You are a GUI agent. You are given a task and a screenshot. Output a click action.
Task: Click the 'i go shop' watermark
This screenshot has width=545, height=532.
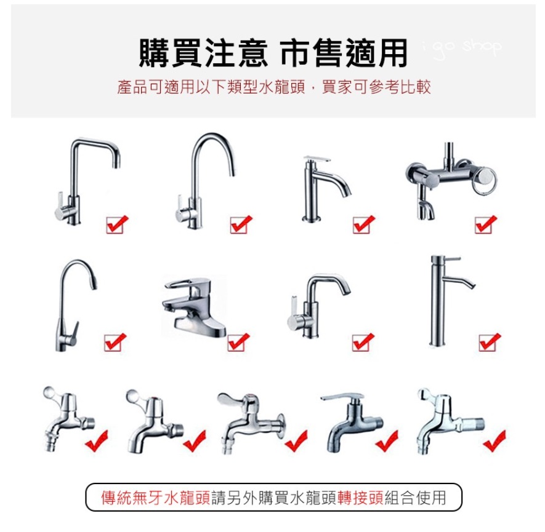pyautogui.click(x=462, y=48)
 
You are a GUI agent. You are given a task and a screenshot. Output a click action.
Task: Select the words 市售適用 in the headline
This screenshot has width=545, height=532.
pyautogui.click(x=344, y=53)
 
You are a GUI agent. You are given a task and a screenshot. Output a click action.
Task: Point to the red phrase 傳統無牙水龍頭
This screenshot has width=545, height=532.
pyautogui.click(x=156, y=498)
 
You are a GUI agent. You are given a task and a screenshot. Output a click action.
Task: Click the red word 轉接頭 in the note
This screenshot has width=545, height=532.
pyautogui.click(x=360, y=498)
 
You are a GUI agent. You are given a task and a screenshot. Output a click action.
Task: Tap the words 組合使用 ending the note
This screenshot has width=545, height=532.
pyautogui.click(x=415, y=498)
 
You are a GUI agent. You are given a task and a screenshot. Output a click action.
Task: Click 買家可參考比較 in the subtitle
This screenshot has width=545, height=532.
pyautogui.click(x=376, y=87)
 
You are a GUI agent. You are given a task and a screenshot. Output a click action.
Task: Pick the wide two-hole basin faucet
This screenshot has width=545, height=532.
pyautogui.click(x=195, y=306)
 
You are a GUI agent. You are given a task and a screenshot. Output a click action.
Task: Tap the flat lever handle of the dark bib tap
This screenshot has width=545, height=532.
pyautogui.click(x=342, y=397)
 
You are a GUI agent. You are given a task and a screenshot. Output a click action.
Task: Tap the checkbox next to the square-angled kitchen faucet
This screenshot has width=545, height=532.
pyautogui.click(x=115, y=225)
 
